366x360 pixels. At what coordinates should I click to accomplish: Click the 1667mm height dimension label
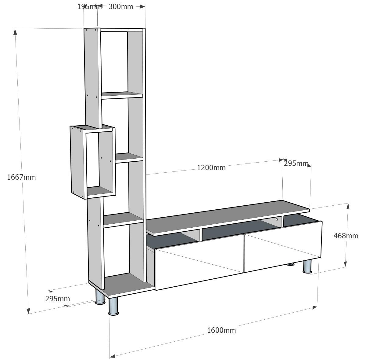21,177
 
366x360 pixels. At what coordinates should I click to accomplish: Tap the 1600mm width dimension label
221,330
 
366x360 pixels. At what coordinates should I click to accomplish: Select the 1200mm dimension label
211,167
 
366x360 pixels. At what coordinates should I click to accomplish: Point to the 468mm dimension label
346,236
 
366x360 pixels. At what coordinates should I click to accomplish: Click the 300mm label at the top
121,7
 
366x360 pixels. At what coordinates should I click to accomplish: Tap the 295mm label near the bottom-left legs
58,299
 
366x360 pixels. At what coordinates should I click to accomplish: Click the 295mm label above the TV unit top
296,163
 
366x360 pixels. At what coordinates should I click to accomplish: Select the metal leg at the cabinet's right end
307,266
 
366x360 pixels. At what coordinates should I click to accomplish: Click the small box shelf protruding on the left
93,162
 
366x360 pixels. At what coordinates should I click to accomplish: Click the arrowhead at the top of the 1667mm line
15,31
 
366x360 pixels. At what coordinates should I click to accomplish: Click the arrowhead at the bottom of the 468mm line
346,264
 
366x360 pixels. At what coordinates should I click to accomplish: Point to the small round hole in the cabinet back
277,219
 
